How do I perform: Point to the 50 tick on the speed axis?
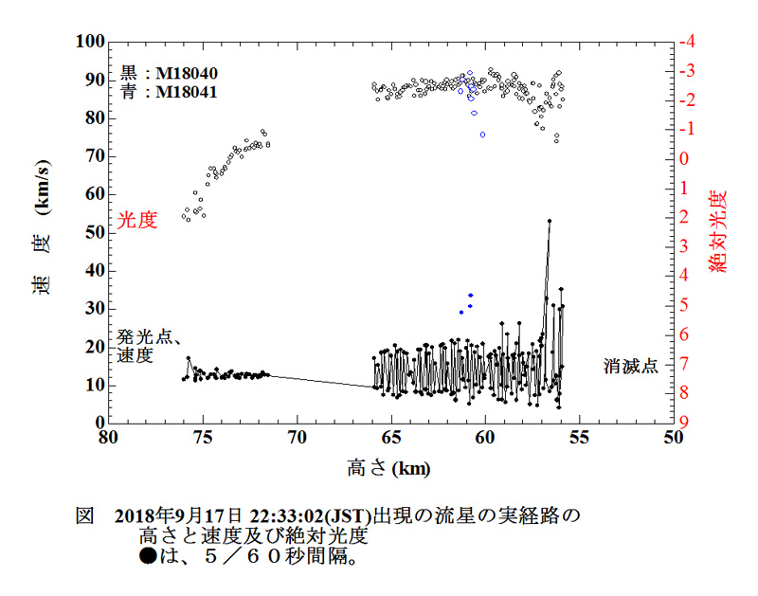92,232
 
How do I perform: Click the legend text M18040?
187,73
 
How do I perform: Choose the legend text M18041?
187,92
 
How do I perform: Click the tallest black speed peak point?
550,221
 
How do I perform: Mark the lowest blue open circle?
482,135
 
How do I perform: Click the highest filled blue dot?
471,295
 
